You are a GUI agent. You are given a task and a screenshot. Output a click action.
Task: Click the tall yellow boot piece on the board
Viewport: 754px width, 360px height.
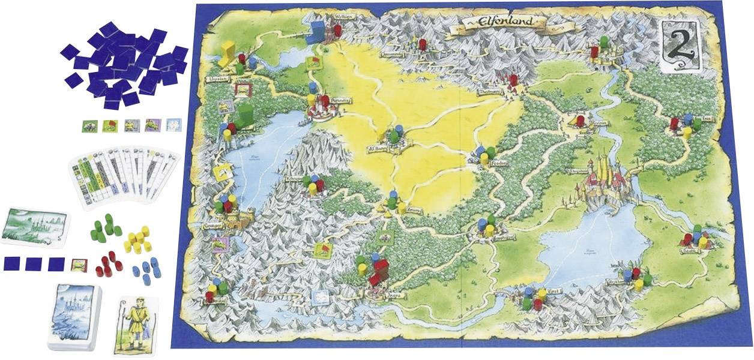[x=227, y=52]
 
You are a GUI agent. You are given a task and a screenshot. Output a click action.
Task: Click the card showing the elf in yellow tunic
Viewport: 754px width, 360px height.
[x=135, y=324]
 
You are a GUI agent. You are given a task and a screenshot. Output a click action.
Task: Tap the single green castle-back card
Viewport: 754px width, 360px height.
[x=35, y=227]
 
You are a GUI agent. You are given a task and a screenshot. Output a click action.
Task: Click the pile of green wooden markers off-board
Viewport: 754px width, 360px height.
[x=106, y=228]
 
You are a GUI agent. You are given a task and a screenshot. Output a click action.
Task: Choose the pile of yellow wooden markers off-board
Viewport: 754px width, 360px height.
[x=138, y=238]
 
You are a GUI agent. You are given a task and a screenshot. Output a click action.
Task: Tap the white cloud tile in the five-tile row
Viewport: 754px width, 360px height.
[x=173, y=125]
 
